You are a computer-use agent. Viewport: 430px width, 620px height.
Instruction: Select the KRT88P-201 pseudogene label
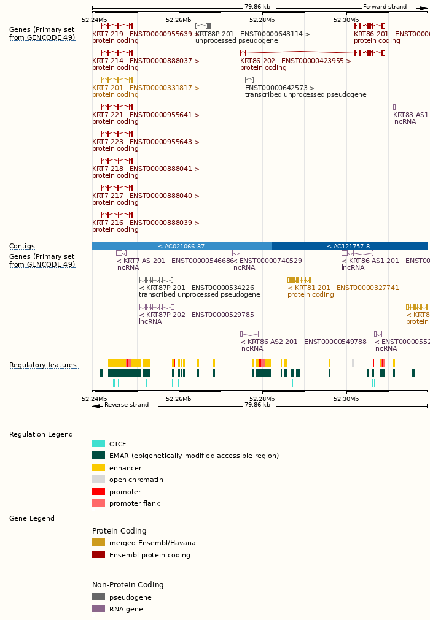(x=252, y=34)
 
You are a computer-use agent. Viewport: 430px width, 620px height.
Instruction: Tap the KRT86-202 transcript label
(x=295, y=61)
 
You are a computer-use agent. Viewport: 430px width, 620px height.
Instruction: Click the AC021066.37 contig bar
(x=181, y=246)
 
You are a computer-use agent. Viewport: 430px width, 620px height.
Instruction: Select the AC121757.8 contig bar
(x=348, y=246)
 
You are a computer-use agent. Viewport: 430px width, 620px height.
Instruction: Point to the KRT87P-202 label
(x=196, y=315)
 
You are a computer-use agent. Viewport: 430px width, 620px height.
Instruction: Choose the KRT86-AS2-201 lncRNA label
(x=303, y=342)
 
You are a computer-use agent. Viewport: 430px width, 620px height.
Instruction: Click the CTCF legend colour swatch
(x=98, y=443)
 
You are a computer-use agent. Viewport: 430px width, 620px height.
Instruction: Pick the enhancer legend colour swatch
(x=98, y=467)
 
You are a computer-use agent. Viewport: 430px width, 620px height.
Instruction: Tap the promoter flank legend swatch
(x=98, y=503)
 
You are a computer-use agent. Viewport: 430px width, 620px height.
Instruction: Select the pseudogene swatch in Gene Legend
(x=98, y=597)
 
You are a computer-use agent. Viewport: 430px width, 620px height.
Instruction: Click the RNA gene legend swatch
(x=98, y=608)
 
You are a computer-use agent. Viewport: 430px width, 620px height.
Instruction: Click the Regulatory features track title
(x=43, y=365)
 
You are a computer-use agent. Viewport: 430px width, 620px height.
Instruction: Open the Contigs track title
(x=22, y=246)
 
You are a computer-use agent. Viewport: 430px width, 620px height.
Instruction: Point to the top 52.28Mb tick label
(x=262, y=20)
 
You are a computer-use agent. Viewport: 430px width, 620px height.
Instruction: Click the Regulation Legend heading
(x=41, y=434)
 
